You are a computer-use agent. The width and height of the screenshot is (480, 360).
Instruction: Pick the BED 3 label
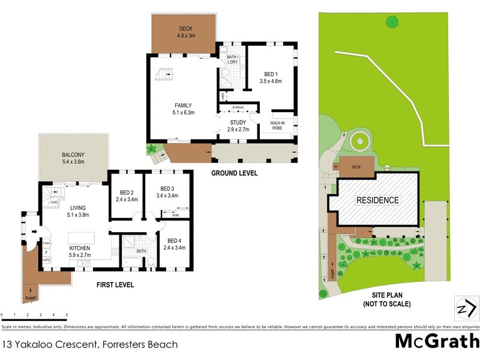167,191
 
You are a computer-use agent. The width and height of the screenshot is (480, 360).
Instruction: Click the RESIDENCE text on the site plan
377,200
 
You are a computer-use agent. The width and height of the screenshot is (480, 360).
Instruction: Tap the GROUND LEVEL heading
234,173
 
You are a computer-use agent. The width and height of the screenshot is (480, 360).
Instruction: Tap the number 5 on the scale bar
67,315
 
